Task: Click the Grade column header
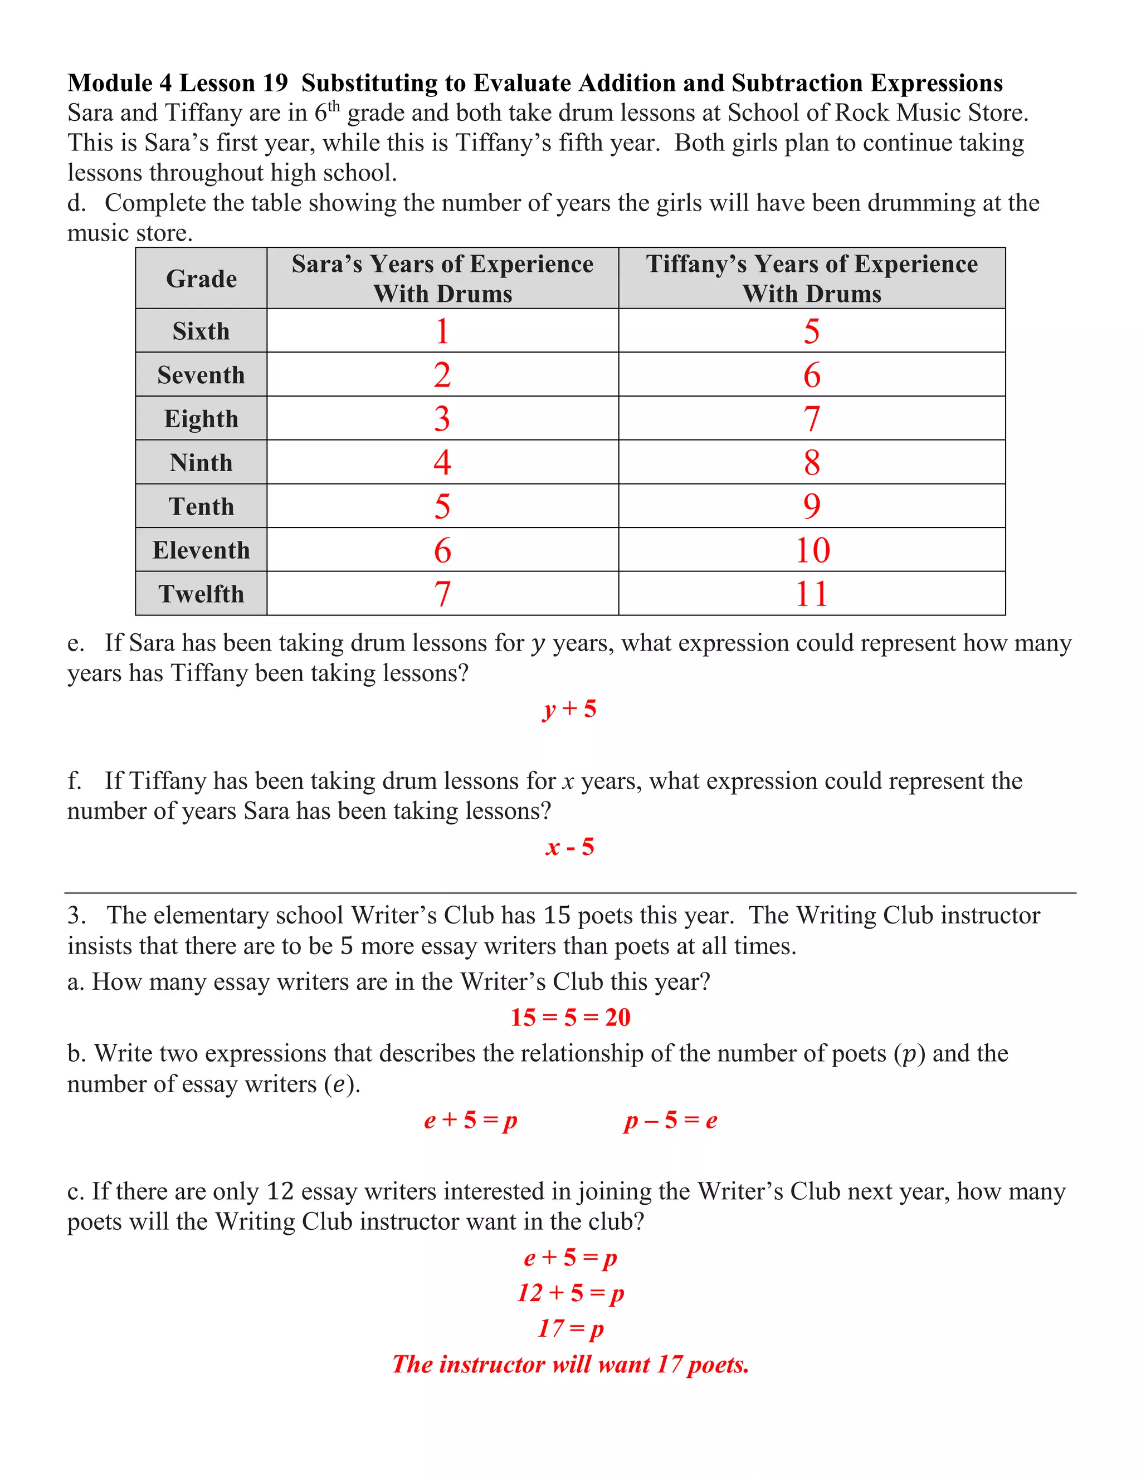coord(202,278)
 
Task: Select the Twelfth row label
coord(202,594)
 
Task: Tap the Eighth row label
coord(202,419)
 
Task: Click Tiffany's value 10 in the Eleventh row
coord(812,550)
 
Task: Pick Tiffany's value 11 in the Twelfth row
coord(811,594)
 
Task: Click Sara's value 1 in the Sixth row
coord(442,331)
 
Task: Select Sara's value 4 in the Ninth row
coord(442,462)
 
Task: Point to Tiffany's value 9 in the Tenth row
coord(812,506)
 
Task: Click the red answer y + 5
coord(569,709)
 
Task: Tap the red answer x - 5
coord(570,847)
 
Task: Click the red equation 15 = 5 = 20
coord(570,1017)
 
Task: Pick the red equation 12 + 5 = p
coord(570,1293)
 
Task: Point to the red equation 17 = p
coord(570,1328)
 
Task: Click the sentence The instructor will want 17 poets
coord(570,1365)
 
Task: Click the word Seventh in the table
coord(202,375)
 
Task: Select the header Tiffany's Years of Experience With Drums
coord(811,278)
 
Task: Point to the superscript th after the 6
coord(334,105)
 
